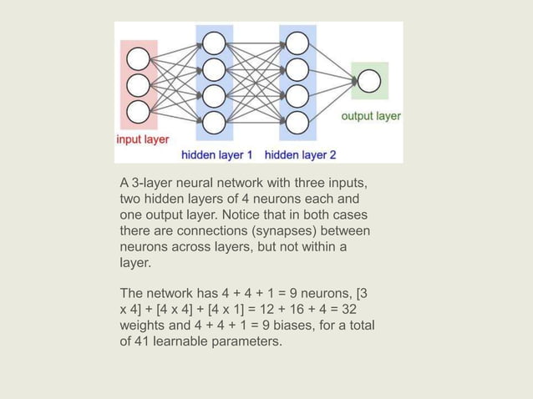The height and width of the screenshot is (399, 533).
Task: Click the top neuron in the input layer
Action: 138,58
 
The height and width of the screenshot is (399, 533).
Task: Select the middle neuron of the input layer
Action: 138,84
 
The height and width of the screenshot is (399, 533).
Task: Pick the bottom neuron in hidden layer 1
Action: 214,122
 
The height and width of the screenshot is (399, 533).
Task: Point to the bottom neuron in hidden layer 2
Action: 297,122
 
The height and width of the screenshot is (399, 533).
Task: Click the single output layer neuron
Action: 368,82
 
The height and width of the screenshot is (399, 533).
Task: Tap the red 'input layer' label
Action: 142,139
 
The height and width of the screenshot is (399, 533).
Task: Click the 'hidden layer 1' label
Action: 217,154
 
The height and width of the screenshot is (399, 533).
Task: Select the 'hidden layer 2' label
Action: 301,154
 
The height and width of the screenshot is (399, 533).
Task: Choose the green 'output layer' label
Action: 371,116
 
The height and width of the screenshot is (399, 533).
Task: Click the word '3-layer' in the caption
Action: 153,183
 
